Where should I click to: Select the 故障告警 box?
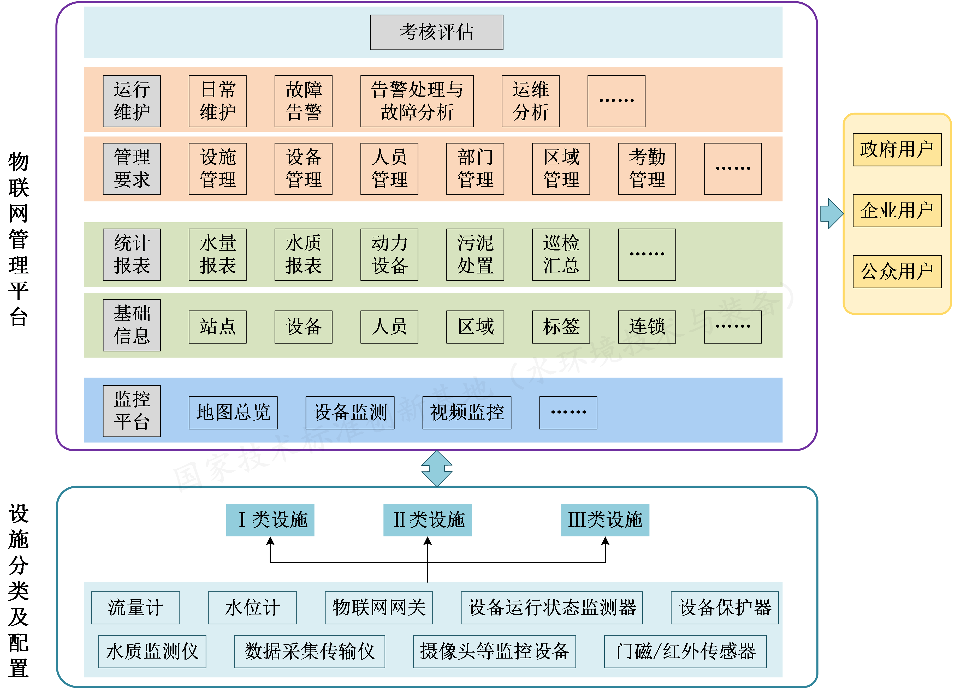click(x=303, y=101)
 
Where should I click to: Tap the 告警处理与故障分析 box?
click(x=417, y=101)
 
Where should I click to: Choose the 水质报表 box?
click(x=303, y=255)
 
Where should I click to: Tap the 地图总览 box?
click(x=233, y=413)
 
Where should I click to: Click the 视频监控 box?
click(x=467, y=413)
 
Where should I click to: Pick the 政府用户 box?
click(x=897, y=150)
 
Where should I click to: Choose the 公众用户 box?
click(x=897, y=272)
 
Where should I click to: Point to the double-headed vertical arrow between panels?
click(x=437, y=468)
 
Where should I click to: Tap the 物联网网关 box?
click(x=378, y=607)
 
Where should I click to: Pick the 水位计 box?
click(x=252, y=607)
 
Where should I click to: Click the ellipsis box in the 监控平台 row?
click(x=568, y=413)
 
